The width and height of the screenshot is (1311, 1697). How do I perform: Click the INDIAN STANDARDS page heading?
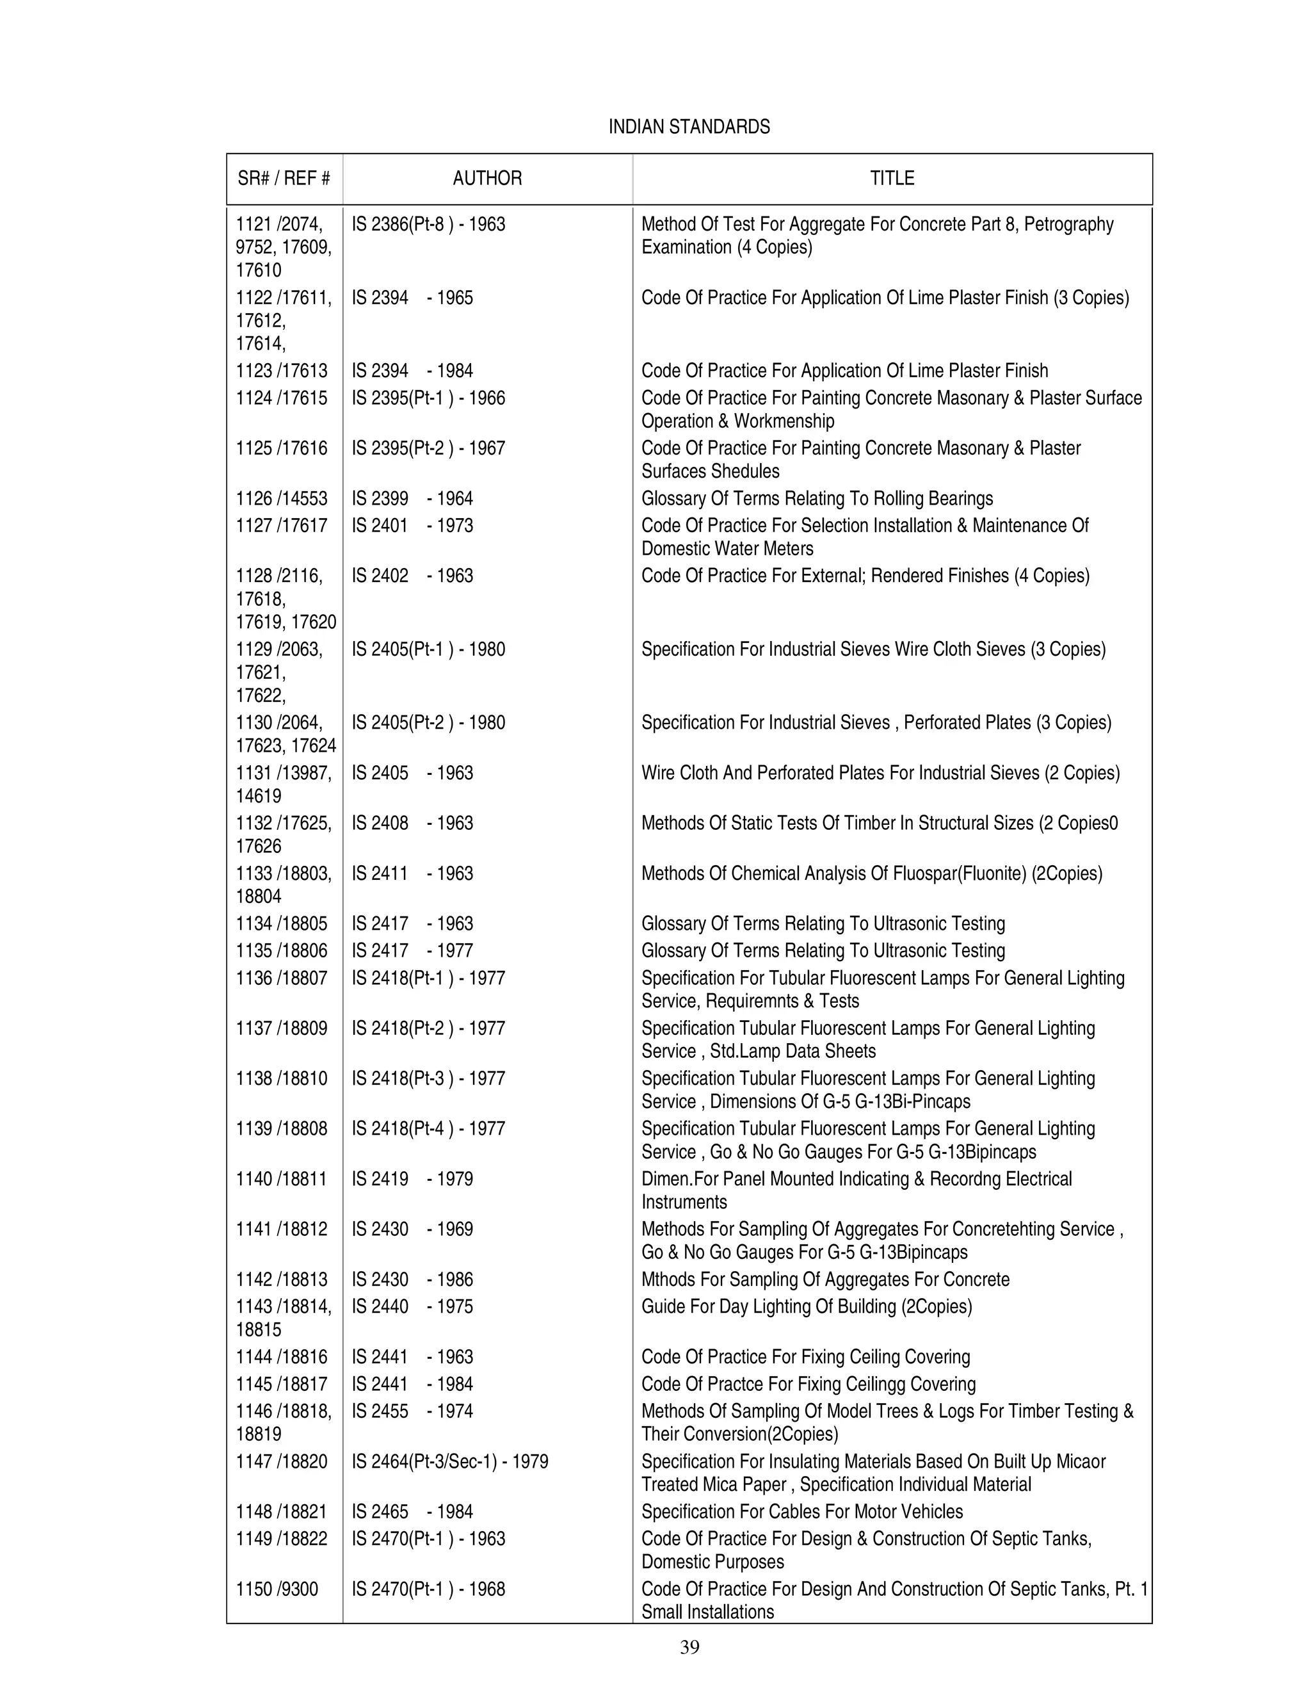click(689, 127)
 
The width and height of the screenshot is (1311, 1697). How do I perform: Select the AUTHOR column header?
click(487, 179)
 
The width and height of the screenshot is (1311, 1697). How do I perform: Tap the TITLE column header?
click(892, 179)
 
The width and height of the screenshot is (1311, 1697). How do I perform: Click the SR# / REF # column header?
click(284, 179)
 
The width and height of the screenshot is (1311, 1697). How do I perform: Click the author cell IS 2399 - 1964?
click(412, 499)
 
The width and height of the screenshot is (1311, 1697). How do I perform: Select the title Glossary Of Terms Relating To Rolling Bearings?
click(817, 499)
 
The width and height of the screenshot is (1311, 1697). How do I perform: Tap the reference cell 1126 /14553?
click(281, 499)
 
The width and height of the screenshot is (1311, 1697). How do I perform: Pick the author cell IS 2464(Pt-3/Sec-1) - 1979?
click(449, 1461)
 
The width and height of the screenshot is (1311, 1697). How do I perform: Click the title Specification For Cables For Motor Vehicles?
click(801, 1511)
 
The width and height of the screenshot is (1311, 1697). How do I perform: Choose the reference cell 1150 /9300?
click(277, 1589)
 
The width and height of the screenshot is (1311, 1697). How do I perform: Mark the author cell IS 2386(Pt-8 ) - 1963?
click(428, 225)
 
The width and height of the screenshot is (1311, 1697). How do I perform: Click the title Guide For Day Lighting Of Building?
click(806, 1306)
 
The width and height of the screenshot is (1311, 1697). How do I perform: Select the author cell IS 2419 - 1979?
click(412, 1179)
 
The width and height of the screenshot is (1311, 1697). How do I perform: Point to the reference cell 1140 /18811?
click(281, 1179)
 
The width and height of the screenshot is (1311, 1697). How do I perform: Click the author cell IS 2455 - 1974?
click(412, 1411)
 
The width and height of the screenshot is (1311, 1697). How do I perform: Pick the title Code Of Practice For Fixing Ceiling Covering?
click(805, 1357)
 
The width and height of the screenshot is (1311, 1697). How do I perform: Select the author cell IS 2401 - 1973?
click(412, 526)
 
